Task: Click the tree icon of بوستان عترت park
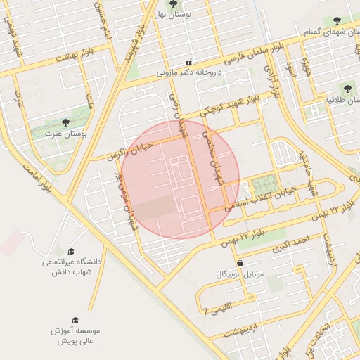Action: [65, 122]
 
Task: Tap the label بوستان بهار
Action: [174, 16]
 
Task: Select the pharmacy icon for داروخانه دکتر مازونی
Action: [188, 61]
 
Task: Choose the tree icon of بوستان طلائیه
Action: [347, 89]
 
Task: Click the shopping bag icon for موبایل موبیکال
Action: [241, 263]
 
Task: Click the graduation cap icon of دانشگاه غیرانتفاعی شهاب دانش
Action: [71, 251]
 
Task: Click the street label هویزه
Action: [305, 67]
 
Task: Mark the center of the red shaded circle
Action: [180, 179]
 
